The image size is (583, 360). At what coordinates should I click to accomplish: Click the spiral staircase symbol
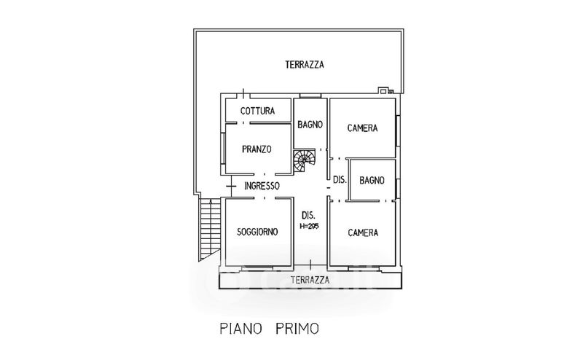[x=305, y=160]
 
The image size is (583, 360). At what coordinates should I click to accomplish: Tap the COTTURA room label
[x=257, y=111]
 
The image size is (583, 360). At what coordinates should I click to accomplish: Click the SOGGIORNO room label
[x=257, y=232]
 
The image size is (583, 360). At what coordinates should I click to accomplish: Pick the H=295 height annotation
[x=310, y=226]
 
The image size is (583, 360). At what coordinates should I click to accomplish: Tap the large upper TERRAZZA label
[x=304, y=65]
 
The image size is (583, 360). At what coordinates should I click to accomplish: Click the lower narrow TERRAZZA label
[x=310, y=280]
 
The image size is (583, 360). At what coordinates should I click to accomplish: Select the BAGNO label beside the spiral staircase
[x=310, y=125]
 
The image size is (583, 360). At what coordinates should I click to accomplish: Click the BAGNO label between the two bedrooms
[x=372, y=179]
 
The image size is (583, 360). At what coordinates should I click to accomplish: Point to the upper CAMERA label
[x=362, y=128]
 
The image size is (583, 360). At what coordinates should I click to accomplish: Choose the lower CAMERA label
[x=362, y=233]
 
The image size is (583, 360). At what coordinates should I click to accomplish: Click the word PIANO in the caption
[x=240, y=329]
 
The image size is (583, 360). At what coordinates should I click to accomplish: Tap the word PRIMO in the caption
[x=297, y=329]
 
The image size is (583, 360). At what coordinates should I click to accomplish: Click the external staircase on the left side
[x=209, y=228]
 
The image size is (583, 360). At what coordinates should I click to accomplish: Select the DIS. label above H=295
[x=308, y=215]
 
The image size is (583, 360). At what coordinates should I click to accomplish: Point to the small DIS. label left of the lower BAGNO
[x=339, y=179]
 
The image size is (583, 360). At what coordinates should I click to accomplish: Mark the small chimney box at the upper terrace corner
[x=384, y=91]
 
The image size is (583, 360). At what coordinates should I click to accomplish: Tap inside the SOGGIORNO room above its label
[x=257, y=215]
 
